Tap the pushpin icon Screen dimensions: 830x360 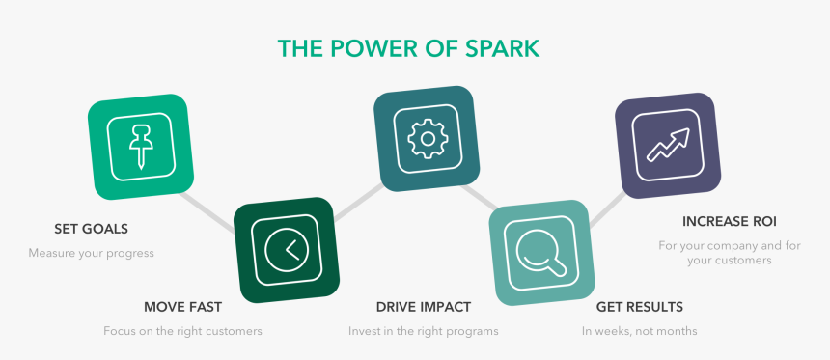click(x=141, y=147)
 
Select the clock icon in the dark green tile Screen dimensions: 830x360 click(x=287, y=249)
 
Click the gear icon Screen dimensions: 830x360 click(x=428, y=139)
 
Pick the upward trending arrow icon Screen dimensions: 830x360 click(x=668, y=145)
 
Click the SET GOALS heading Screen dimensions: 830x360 click(x=91, y=229)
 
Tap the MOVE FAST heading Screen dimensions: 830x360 click(x=182, y=307)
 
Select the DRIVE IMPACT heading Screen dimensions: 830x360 click(x=424, y=307)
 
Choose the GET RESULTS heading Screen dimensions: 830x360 click(x=640, y=307)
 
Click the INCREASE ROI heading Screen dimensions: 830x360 click(x=730, y=221)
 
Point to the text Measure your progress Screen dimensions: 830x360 click(x=91, y=253)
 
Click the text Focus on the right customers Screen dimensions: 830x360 click(x=182, y=331)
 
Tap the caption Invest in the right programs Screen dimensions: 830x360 click(x=424, y=331)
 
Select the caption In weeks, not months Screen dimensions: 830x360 click(x=640, y=331)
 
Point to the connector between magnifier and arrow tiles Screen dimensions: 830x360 click(x=608, y=209)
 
